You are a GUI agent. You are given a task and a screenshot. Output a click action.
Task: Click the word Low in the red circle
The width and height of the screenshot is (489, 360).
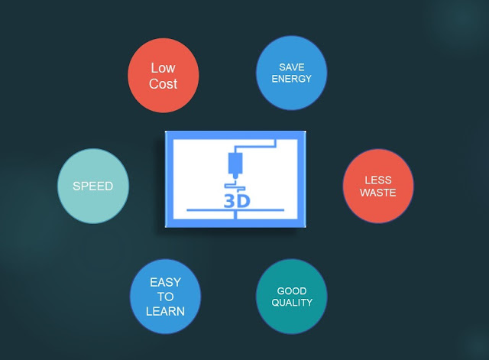pyautogui.click(x=163, y=68)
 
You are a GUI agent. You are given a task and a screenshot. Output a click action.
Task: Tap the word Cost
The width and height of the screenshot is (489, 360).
pyautogui.click(x=163, y=84)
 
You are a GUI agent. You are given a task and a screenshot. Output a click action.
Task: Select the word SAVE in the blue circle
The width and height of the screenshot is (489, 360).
pyautogui.click(x=291, y=67)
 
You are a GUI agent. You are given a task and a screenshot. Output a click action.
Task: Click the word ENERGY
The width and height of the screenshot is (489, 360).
pyautogui.click(x=291, y=79)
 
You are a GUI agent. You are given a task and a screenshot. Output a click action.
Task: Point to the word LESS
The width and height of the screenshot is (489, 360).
pyautogui.click(x=378, y=180)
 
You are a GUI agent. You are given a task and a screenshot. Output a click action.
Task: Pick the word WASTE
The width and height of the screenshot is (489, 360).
pyautogui.click(x=378, y=193)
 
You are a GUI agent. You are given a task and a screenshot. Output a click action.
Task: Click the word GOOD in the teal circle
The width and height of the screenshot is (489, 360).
pyautogui.click(x=292, y=290)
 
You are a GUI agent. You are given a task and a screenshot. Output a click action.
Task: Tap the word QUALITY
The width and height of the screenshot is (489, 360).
pyautogui.click(x=292, y=303)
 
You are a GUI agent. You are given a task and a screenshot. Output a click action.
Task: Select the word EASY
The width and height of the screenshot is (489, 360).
pyautogui.click(x=166, y=282)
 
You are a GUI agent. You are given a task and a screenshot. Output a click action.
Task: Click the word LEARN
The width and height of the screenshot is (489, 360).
pyautogui.click(x=166, y=311)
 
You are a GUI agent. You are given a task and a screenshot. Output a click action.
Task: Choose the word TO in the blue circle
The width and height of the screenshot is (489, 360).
pyautogui.click(x=166, y=297)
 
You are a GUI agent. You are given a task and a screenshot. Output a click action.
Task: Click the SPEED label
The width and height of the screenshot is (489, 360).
pyautogui.click(x=93, y=186)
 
